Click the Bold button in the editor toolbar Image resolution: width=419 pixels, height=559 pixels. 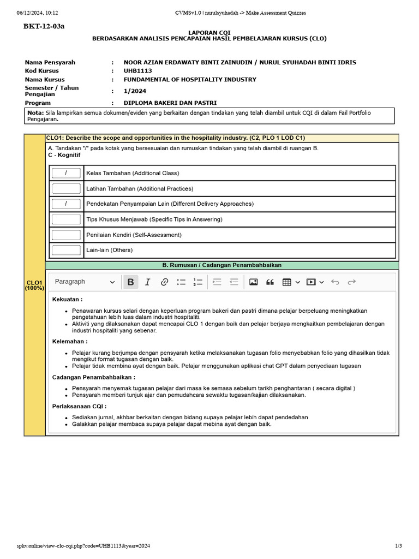(x=130, y=282)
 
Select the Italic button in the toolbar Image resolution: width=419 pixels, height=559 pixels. (x=147, y=282)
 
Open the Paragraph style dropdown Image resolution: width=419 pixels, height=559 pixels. (x=85, y=282)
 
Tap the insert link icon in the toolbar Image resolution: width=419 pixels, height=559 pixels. (x=164, y=282)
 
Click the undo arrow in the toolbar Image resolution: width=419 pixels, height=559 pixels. (x=335, y=282)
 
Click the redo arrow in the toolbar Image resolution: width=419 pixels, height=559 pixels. (x=352, y=282)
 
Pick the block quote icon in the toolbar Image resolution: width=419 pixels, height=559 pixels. (x=270, y=282)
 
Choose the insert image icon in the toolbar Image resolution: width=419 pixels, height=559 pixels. (x=253, y=282)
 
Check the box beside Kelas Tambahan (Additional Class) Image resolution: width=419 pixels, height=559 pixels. (x=66, y=173)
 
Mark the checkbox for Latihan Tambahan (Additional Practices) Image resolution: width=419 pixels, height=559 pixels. (x=66, y=189)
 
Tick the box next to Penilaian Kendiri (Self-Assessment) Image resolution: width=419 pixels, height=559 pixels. (x=66, y=235)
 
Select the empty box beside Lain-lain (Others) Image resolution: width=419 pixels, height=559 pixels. (x=66, y=250)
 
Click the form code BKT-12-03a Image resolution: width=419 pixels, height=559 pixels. (x=44, y=26)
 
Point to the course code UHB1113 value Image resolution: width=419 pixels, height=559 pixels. (x=137, y=71)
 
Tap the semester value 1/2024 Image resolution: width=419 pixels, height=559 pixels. (x=135, y=91)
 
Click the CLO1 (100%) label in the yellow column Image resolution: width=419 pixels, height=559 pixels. (x=34, y=285)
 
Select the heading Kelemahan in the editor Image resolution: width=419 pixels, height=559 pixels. (x=69, y=341)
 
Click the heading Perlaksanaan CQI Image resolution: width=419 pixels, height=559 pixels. (x=79, y=407)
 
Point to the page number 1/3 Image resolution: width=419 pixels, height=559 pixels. (x=398, y=546)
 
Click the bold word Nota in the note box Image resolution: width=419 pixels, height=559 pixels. (x=35, y=113)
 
